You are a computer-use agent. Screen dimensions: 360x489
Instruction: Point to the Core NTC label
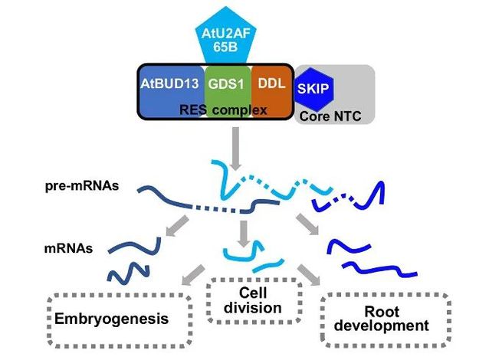[x=336, y=115]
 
